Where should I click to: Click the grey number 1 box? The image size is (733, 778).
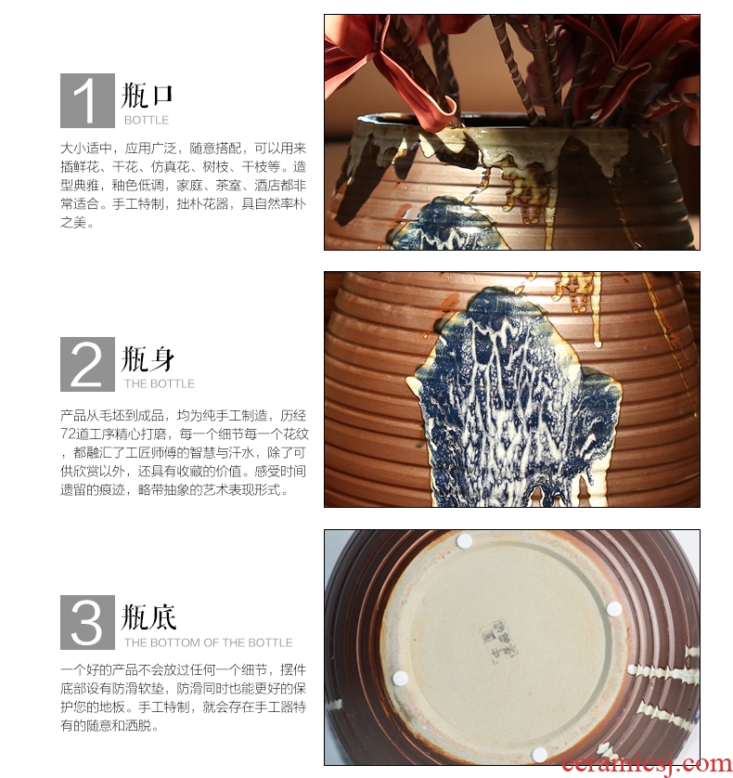click(x=87, y=100)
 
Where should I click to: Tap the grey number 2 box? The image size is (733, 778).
click(x=87, y=364)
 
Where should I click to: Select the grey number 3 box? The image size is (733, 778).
click(x=87, y=623)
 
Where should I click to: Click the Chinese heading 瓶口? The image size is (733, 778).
click(x=148, y=96)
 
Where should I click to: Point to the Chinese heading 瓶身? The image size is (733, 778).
click(x=148, y=358)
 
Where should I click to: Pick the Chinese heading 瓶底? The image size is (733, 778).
click(x=148, y=617)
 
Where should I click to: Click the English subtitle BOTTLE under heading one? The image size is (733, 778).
click(x=147, y=120)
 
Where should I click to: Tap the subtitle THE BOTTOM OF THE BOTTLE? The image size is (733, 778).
click(x=208, y=642)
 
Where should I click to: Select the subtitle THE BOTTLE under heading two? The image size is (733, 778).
click(x=160, y=383)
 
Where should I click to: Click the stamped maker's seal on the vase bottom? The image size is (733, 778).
click(x=497, y=638)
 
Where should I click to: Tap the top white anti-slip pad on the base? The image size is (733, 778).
click(x=465, y=541)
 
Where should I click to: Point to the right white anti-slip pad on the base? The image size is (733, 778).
click(x=614, y=609)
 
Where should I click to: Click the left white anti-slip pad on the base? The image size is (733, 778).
click(x=400, y=678)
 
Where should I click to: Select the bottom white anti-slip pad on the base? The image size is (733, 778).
click(x=540, y=755)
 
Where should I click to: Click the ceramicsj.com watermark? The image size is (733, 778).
click(x=647, y=765)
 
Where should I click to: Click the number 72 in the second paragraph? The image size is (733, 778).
click(x=69, y=434)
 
